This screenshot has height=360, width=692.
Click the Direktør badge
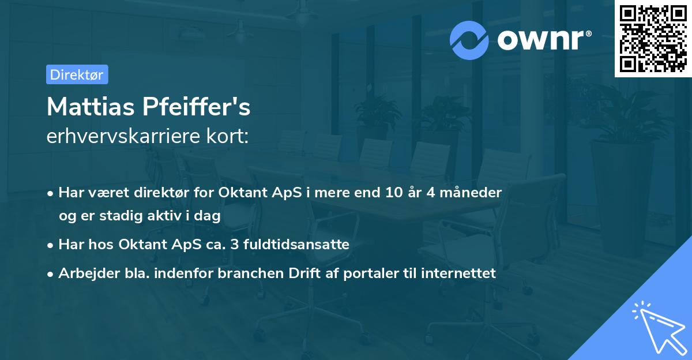[x=77, y=74]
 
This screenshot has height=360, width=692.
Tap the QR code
[x=653, y=39]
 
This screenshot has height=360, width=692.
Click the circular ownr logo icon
[x=469, y=40]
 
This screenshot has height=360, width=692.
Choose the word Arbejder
[x=83, y=273]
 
